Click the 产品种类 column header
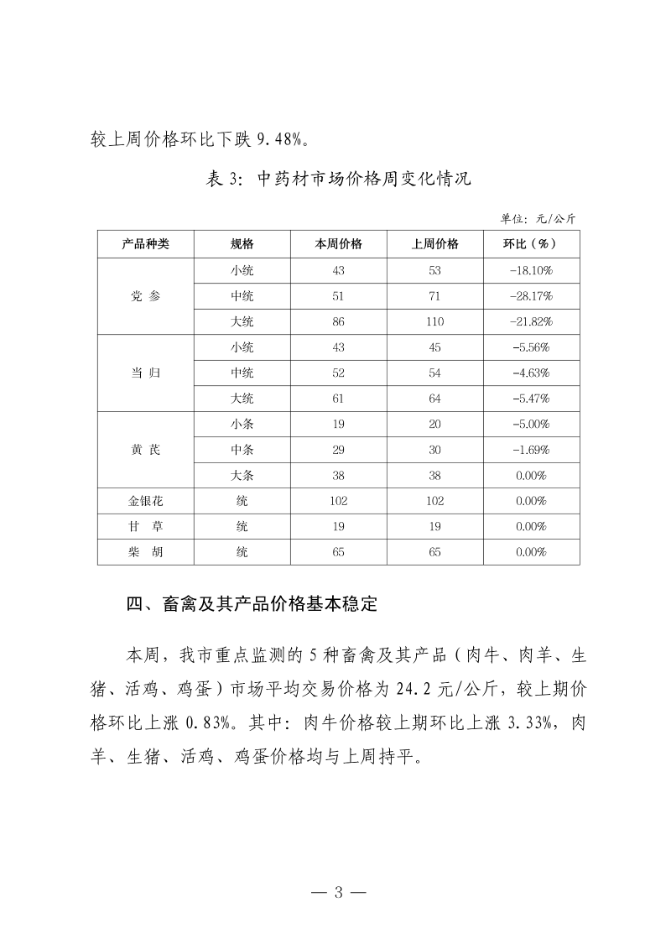click(x=145, y=244)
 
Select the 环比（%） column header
click(x=530, y=244)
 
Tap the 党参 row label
click(x=145, y=296)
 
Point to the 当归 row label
click(x=145, y=373)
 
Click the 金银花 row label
click(x=145, y=501)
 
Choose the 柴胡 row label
click(x=145, y=552)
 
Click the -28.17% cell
click(x=530, y=296)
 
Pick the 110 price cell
click(x=434, y=321)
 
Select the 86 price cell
click(x=338, y=321)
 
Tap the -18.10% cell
click(x=530, y=270)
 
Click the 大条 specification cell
click(x=242, y=475)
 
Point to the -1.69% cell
click(x=530, y=450)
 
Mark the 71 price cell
click(x=434, y=296)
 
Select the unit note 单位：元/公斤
click(x=538, y=218)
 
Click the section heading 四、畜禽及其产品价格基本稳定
click(x=252, y=603)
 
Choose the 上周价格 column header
click(x=434, y=244)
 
